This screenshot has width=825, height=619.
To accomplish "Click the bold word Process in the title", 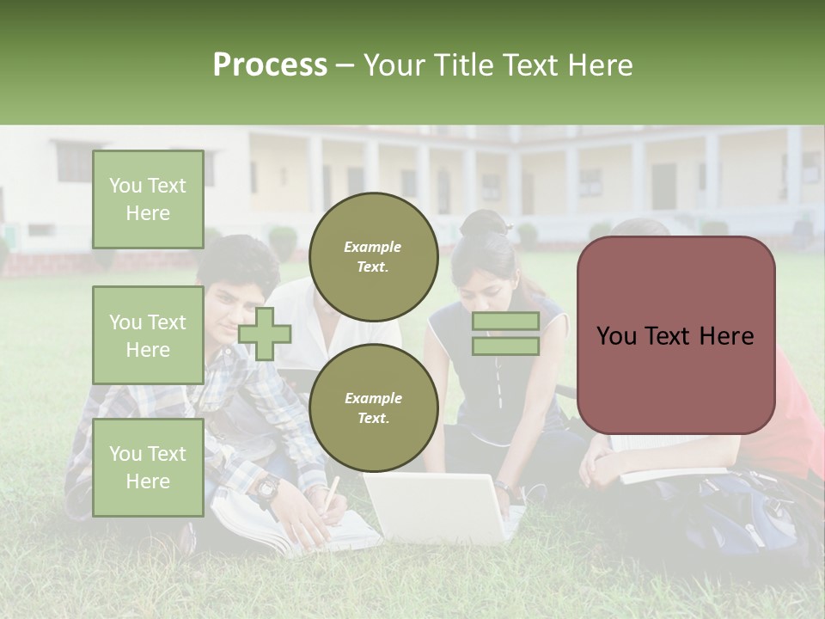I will coord(270,65).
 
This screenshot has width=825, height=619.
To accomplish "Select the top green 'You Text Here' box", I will coord(148,199).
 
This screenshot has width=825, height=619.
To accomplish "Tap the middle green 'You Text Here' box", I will coord(148,335).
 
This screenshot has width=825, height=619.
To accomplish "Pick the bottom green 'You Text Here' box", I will coord(148,467).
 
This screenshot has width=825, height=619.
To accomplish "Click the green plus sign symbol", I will coord(265,334).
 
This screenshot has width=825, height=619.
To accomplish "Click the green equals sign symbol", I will coord(505,334).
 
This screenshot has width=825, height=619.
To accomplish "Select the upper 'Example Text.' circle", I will coord(373,256).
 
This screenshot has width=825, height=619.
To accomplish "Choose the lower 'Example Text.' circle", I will coord(373,408).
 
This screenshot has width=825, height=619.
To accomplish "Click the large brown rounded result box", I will coord(675,335).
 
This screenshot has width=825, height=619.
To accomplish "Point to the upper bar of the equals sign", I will coord(505,322).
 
